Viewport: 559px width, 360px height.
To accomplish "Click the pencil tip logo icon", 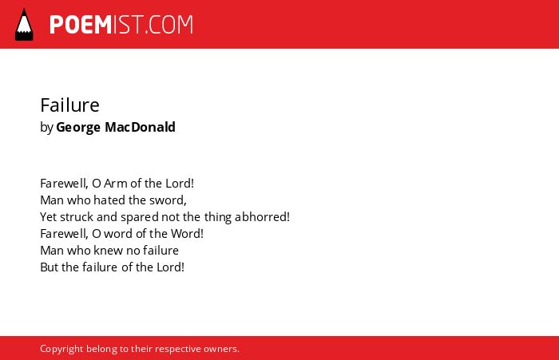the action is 24,24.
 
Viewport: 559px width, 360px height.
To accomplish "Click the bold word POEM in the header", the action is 81,25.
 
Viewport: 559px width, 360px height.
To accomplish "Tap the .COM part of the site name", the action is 169,25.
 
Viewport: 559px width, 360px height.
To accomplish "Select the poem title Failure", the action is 70,105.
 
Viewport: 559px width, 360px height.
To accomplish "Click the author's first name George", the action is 78,128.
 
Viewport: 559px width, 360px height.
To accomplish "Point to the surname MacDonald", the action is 140,127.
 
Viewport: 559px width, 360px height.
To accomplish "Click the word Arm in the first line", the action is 116,184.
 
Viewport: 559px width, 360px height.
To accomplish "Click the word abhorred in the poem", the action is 262,216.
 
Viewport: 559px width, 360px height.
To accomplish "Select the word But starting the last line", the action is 50,267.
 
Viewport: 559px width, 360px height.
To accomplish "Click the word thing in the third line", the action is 218,218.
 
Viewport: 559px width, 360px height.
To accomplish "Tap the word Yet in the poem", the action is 49,217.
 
